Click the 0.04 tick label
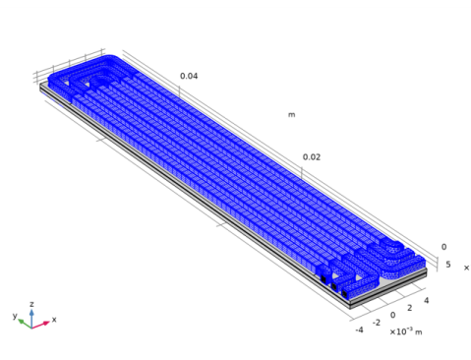(189, 76)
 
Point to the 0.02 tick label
(312, 157)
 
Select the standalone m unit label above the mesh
(291, 115)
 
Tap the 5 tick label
(448, 265)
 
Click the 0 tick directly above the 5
(443, 247)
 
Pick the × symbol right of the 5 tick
(466, 268)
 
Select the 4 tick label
(426, 300)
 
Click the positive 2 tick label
(410, 308)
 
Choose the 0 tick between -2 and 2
(392, 315)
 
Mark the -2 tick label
(377, 323)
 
